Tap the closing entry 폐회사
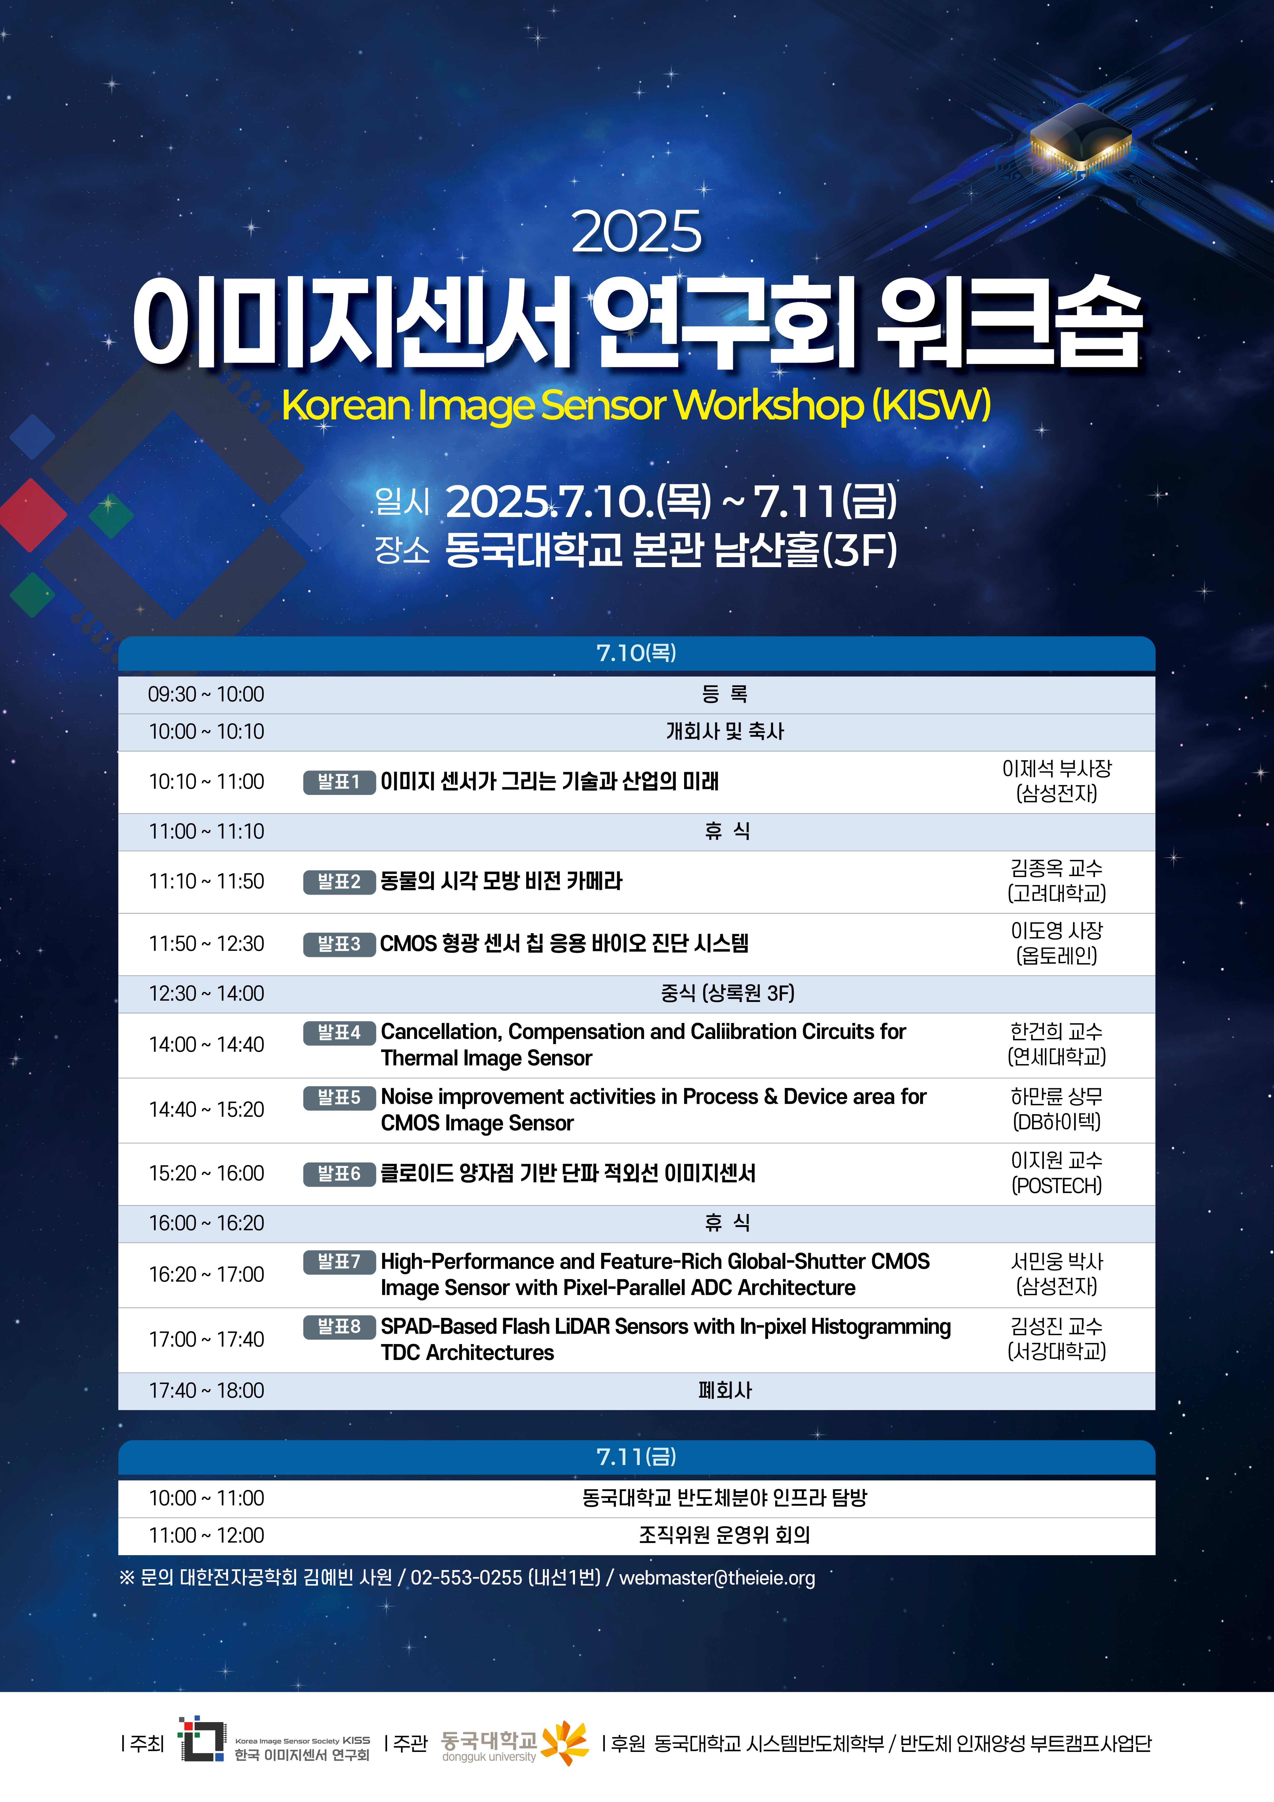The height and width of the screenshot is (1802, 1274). coord(725,1391)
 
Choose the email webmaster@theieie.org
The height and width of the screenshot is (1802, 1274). coord(718,1578)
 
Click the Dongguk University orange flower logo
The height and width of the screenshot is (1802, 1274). coord(565,1743)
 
